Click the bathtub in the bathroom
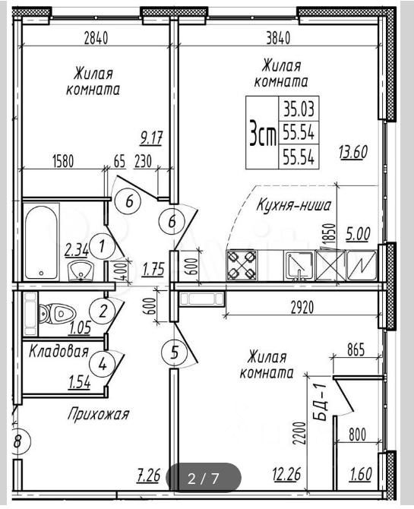click(x=42, y=242)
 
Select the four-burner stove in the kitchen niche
click(x=241, y=265)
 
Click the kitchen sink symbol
click(x=299, y=266)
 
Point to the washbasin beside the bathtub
click(x=81, y=270)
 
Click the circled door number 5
click(x=175, y=353)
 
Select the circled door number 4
click(x=103, y=365)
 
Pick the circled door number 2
click(x=103, y=311)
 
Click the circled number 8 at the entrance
click(x=20, y=441)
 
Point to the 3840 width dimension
click(x=278, y=39)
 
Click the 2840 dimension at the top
click(x=96, y=39)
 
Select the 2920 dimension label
click(x=302, y=308)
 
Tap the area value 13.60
click(x=353, y=152)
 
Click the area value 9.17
click(x=151, y=139)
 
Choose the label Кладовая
click(x=58, y=351)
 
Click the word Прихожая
click(x=99, y=414)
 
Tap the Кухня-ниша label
click(x=293, y=205)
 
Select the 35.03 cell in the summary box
click(x=299, y=109)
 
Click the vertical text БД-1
click(x=321, y=402)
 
